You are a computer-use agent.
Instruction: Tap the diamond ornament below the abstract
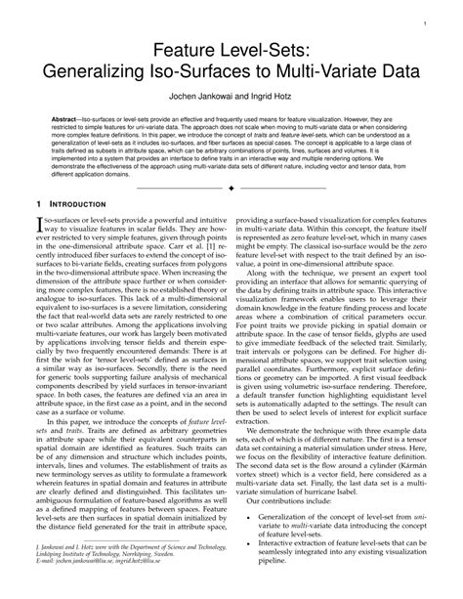(231, 211)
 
